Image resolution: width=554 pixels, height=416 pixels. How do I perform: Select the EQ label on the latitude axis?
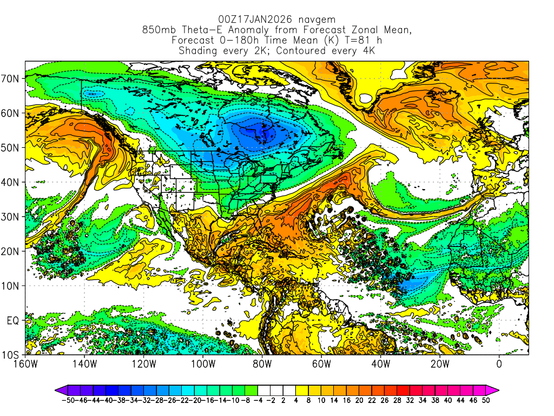click(x=13, y=321)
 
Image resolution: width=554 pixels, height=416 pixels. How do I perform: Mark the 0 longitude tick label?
click(x=499, y=364)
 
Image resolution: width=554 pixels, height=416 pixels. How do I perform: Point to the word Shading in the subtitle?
click(x=199, y=51)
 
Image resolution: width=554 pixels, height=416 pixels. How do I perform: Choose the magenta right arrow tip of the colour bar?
click(x=496, y=390)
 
